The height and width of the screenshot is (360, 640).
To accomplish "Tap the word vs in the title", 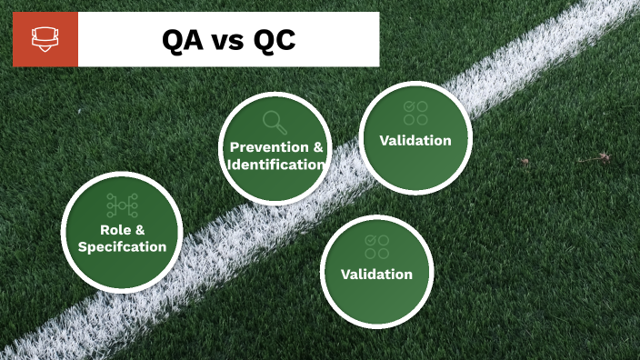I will [x=226, y=41].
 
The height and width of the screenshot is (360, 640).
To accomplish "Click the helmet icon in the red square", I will [x=45, y=39].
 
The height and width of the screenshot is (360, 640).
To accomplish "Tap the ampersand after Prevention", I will [x=317, y=147].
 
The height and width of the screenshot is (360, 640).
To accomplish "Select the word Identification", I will [x=276, y=165].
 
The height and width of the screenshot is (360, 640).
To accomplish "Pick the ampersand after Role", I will [x=140, y=229].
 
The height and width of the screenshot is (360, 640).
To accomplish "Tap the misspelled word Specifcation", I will [x=122, y=246].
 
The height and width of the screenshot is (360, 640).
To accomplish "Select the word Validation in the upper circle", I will [x=415, y=140].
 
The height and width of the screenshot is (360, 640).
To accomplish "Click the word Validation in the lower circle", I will [x=376, y=274].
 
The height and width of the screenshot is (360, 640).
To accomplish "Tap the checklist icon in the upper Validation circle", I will [x=415, y=113].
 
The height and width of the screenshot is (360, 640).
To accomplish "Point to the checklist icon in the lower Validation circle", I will [x=376, y=246].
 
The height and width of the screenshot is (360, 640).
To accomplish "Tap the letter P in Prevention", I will [x=235, y=147].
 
